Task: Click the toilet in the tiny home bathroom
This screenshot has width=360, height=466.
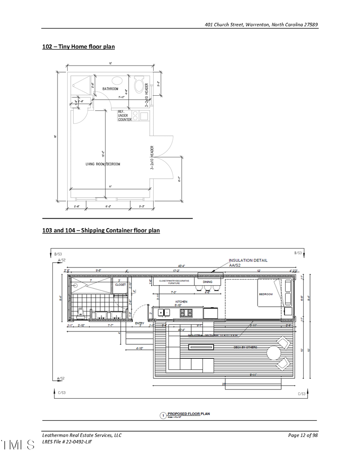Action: click(x=139, y=85)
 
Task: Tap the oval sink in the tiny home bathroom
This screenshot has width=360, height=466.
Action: click(x=116, y=80)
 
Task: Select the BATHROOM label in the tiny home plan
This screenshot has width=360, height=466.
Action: click(x=110, y=89)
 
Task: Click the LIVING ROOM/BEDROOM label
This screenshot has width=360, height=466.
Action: click(x=103, y=164)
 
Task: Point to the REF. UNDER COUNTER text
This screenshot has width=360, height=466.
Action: click(x=124, y=116)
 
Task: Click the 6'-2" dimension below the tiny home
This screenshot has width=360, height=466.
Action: click(x=108, y=207)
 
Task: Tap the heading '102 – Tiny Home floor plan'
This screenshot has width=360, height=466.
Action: click(x=78, y=47)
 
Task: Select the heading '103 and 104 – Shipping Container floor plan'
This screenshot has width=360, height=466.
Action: click(x=101, y=230)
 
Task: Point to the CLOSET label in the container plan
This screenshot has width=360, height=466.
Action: click(x=120, y=285)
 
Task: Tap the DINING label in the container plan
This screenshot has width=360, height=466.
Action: click(x=208, y=282)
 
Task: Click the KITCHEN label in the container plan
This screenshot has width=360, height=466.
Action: click(x=181, y=302)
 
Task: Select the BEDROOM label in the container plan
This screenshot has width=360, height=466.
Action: click(x=266, y=294)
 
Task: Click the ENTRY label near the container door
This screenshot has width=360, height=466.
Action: click(x=140, y=323)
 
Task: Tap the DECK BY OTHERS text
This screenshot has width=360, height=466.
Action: click(x=245, y=347)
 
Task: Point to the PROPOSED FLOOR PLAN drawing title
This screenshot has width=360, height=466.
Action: click(x=188, y=414)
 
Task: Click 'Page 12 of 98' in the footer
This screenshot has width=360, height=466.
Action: click(x=303, y=436)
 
